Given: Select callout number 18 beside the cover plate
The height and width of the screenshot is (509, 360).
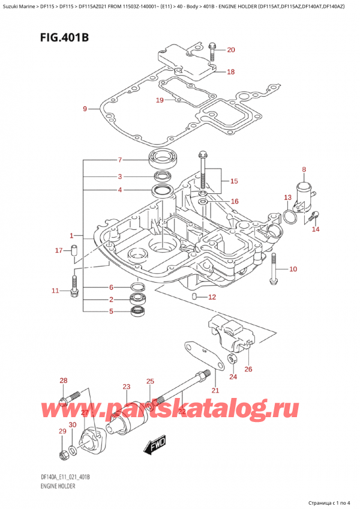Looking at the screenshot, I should pos(231,72).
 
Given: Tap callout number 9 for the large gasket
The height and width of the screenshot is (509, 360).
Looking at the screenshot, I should pos(85,109).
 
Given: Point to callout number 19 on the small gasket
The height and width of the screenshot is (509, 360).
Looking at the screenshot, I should pos(159,100).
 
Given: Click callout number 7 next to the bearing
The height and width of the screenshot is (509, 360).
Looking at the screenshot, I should pos(120,160).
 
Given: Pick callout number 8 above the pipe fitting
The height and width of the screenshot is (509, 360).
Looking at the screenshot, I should pos(304,169).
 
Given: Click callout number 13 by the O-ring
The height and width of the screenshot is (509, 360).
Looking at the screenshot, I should pos(287,197).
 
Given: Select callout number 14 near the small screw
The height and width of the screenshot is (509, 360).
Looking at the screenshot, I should pos(316,229).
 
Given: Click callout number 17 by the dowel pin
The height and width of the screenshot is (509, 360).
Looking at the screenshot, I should pos(58,250).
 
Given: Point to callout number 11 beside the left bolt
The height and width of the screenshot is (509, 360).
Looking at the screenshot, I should pos(55,291).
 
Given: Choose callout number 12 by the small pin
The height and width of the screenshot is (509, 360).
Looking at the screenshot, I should pos(211,297).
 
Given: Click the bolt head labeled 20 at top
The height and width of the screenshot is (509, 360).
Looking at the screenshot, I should pos(212,46).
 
